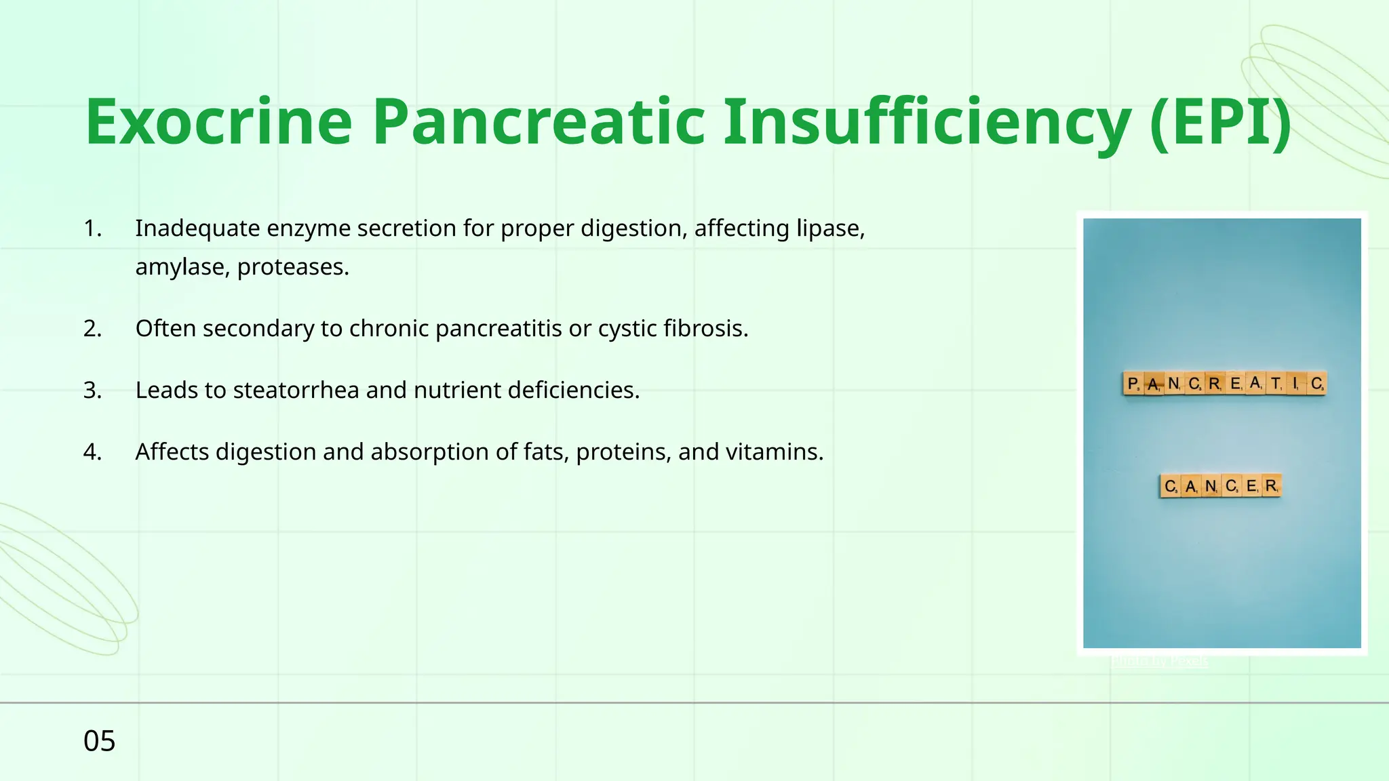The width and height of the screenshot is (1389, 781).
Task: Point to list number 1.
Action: pyautogui.click(x=92, y=228)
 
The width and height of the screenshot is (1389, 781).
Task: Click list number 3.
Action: pyautogui.click(x=92, y=390)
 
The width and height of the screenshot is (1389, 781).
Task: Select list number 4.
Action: pyautogui.click(x=92, y=452)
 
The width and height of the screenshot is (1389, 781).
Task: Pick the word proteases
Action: pyautogui.click(x=293, y=267)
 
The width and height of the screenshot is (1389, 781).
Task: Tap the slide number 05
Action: pyautogui.click(x=99, y=741)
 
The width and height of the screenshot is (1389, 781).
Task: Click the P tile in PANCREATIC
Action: pyautogui.click(x=1133, y=384)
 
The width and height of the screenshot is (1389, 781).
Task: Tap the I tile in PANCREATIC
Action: pyautogui.click(x=1295, y=384)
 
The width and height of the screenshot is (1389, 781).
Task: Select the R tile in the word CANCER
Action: pyautogui.click(x=1271, y=486)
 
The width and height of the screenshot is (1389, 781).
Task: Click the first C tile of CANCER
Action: pyautogui.click(x=1170, y=486)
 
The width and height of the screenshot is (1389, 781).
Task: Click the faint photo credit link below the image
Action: pyautogui.click(x=1160, y=660)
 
